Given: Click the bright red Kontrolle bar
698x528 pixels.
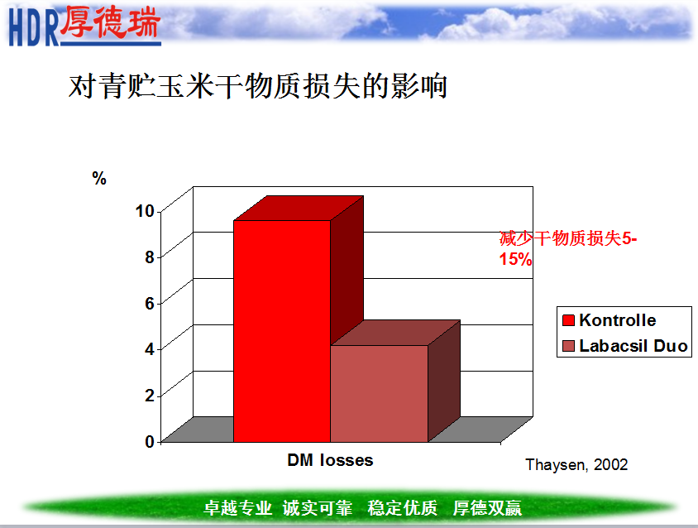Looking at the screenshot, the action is pos(282,331).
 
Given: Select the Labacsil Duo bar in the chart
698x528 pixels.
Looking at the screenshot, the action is pos(379,393).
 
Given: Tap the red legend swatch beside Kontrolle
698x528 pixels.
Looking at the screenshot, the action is pos(568,320).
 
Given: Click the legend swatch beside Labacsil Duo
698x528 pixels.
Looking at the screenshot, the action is pos(568,346).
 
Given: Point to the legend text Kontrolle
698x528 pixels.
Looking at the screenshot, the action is pos(618,320).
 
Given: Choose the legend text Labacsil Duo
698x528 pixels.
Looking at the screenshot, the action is pos(633,346).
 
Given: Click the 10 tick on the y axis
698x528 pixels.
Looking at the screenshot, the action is pos(145,211).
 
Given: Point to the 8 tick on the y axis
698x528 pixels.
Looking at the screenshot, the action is pos(150,257).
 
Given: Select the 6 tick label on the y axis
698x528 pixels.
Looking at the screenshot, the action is pos(150,304).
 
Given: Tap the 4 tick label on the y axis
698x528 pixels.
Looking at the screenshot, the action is pos(150,349).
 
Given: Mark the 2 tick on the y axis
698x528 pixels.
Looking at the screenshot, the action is pos(150,396).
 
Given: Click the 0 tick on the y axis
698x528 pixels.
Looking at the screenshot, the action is pos(150,442).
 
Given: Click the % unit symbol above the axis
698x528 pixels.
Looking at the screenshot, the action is pos(99,178).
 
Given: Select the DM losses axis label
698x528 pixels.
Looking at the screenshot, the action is pos(330,460).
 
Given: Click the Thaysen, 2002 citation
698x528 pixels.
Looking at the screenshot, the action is pos(576,465).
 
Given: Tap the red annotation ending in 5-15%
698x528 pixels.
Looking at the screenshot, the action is pos(567,248).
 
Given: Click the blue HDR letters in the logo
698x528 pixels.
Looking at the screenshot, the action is pos(34,28).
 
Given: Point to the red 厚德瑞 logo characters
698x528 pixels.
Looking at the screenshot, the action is pos(110,22).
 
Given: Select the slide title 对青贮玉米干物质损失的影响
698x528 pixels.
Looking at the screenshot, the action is pos(258,86).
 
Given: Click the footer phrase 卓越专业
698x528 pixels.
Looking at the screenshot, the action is pos(237,508).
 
